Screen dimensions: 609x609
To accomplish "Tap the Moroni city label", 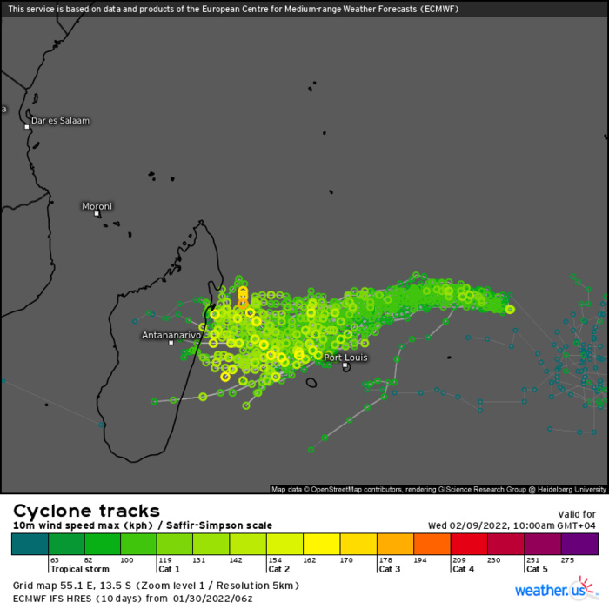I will point(97,206).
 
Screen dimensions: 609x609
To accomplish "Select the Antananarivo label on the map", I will point(171,334).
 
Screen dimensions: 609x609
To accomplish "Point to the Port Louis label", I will point(346,357).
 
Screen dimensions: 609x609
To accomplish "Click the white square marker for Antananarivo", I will point(171,343).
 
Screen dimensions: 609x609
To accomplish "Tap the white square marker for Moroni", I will point(97,214).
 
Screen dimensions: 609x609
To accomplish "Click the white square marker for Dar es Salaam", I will point(27,127).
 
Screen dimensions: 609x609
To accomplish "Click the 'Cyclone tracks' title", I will point(86,511).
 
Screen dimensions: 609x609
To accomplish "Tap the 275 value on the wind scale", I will point(569,559).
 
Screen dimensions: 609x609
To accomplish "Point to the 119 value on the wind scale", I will point(164,559).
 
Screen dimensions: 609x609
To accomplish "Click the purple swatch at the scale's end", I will point(579,544).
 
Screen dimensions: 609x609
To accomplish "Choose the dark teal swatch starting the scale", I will point(30,544).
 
